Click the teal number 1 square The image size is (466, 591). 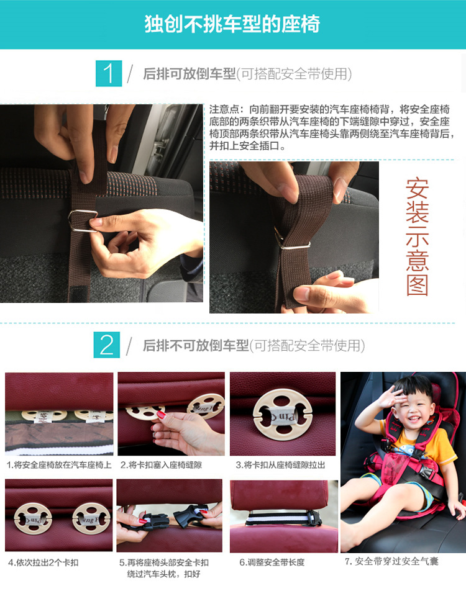[109, 73]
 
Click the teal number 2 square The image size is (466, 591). [107, 345]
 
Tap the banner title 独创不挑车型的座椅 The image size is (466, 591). [232, 24]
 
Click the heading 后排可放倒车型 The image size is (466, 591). [190, 73]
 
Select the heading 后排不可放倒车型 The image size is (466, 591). [196, 345]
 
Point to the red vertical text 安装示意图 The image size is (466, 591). [417, 237]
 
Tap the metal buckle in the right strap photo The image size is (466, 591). [291, 240]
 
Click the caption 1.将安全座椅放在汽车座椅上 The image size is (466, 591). [59, 465]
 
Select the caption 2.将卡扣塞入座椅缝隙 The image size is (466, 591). [161, 465]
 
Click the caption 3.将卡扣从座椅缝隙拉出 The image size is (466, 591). [280, 465]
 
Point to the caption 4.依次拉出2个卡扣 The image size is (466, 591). [43, 562]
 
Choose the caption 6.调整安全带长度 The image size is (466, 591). [272, 562]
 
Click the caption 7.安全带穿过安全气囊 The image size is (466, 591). [391, 561]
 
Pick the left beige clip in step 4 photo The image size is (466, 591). [33, 518]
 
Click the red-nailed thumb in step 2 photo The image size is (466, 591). [159, 415]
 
